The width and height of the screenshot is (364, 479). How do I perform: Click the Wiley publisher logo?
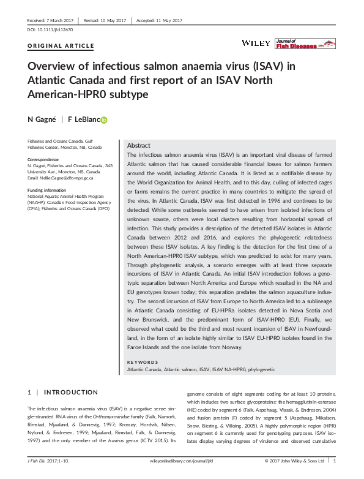[x=253, y=43]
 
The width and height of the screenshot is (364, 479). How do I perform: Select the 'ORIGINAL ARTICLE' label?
[x=61, y=46]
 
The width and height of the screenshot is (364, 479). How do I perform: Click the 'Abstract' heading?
[x=138, y=146]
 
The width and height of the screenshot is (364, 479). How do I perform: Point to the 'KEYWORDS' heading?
[x=143, y=361]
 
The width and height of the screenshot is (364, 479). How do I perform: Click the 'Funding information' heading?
[x=51, y=190]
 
